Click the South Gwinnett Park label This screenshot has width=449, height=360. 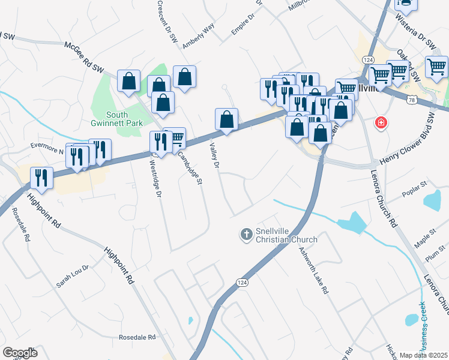point(124,119)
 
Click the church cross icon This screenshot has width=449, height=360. point(246,234)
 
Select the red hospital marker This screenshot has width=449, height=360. point(381,124)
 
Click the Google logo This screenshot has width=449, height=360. point(20,353)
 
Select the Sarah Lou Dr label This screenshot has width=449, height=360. point(72,276)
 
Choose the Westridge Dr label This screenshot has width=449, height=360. point(155,177)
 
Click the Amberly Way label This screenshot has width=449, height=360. point(198,37)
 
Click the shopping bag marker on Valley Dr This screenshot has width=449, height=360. point(226,120)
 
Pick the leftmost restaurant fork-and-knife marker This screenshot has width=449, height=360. point(41,178)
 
